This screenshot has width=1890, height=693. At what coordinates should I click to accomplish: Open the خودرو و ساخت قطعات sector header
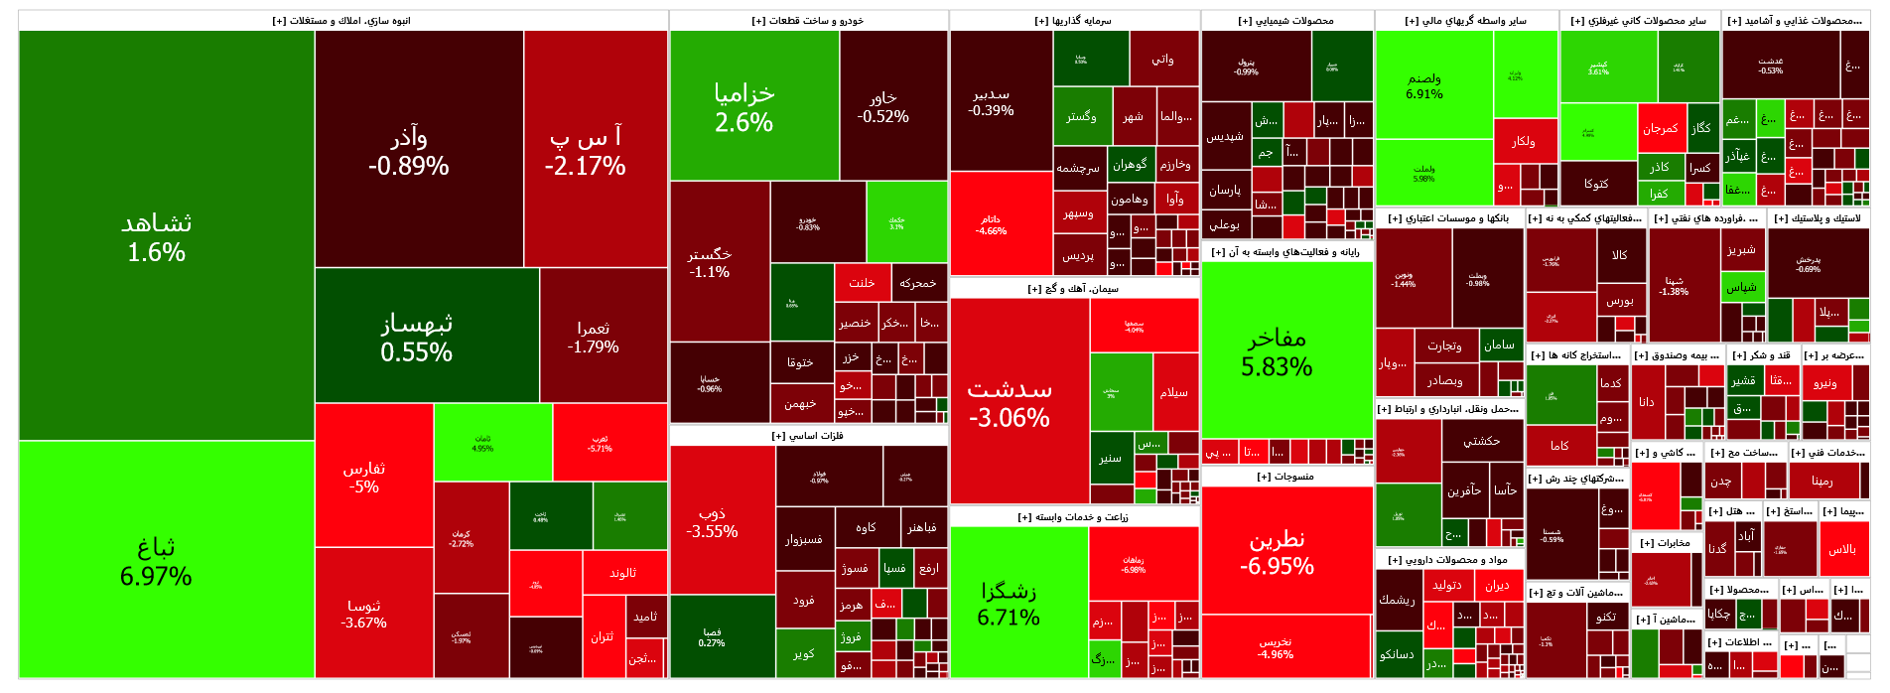tap(808, 21)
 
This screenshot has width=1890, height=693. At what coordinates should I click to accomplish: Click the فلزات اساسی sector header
tap(808, 436)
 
